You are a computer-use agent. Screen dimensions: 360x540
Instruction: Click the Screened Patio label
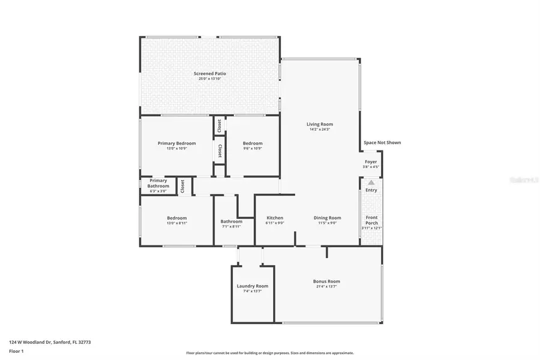[209, 73]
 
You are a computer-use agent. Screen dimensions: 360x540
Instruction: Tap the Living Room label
[319, 124]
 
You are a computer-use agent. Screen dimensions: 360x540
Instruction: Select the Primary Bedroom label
[176, 143]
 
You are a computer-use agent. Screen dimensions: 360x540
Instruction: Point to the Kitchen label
[275, 218]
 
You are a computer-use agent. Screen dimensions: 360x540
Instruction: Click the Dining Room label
[327, 218]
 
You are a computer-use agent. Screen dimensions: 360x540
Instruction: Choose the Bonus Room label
[326, 281]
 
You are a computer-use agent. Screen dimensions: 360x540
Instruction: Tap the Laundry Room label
[253, 286]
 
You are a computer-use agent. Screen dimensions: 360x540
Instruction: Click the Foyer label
[371, 162]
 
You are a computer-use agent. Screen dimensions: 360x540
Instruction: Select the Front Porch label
[371, 220]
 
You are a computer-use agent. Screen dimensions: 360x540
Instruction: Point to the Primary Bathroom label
[158, 183]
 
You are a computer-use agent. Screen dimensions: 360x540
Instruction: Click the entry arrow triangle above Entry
[371, 182]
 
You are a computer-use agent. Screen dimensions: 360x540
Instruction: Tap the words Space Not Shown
[382, 143]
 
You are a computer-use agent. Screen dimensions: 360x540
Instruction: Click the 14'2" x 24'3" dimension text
[319, 130]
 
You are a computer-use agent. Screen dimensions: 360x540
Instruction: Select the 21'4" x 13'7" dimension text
[326, 287]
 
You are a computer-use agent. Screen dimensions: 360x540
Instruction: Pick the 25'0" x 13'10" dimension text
[209, 79]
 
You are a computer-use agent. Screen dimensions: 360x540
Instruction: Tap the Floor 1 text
[17, 351]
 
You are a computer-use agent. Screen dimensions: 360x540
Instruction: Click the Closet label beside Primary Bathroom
[182, 186]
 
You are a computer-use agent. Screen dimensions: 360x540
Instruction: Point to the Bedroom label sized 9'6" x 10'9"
[253, 143]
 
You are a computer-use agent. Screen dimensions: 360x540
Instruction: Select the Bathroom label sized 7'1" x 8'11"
[231, 221]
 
